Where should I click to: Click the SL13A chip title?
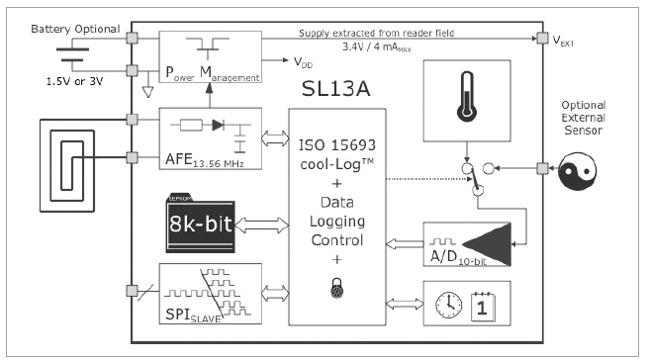pos(335,88)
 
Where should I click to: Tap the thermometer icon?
pos(467,97)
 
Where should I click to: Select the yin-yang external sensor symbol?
pos(577,171)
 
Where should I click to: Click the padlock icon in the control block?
pos(337,288)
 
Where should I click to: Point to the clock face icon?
pos(449,305)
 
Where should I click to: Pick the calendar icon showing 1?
pos(483,307)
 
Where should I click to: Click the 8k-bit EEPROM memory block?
pos(201,223)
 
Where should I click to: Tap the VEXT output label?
pos(563,41)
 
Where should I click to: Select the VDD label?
pos(303,62)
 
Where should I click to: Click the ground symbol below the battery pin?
pos(147,91)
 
